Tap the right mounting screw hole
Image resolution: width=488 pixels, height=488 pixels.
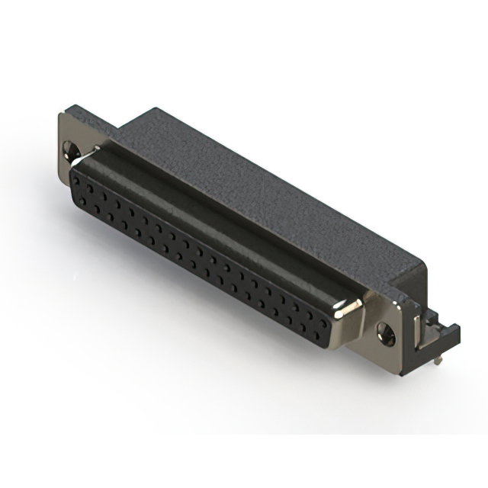pyautogui.click(x=386, y=331)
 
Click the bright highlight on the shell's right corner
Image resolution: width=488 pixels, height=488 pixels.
pyautogui.click(x=352, y=307)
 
